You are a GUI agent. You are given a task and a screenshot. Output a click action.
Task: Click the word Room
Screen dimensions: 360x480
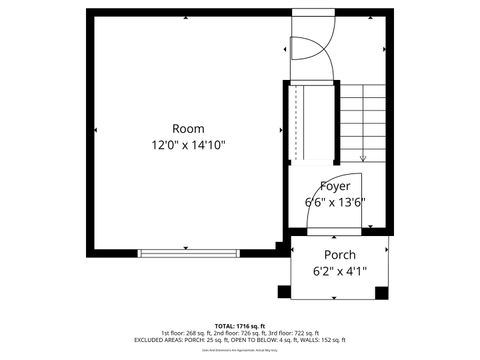(x=188, y=128)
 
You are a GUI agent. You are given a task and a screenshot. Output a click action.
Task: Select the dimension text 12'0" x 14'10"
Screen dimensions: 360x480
(x=188, y=145)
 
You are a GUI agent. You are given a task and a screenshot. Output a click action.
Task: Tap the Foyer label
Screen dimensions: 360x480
(x=335, y=186)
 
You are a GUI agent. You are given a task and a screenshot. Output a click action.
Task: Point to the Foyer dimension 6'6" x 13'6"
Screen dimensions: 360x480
(x=335, y=201)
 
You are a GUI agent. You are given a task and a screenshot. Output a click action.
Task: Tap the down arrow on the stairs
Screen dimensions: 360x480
(x=363, y=155)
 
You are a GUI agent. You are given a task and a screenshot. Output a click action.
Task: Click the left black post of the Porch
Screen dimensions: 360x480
(x=284, y=291)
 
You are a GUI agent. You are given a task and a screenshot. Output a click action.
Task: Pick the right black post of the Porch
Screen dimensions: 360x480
(x=380, y=291)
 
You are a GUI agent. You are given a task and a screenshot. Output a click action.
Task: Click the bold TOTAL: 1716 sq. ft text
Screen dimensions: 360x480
(x=239, y=325)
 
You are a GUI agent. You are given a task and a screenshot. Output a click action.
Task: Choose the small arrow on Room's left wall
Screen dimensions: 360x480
(x=95, y=130)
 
